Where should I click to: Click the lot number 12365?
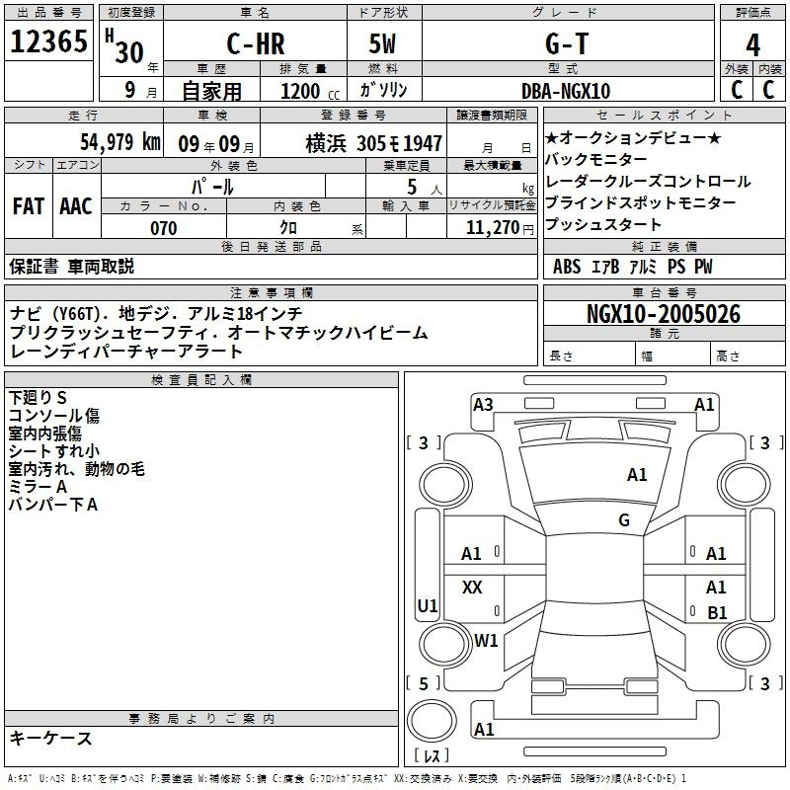tap(48, 41)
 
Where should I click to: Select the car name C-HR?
tap(256, 43)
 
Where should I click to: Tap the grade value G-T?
tap(567, 43)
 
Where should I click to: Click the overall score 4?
tap(752, 44)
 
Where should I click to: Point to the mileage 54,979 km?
tap(120, 142)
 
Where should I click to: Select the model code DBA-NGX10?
tap(566, 91)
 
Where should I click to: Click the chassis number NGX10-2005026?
tap(664, 314)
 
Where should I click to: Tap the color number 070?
tap(164, 228)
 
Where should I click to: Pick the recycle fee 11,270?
tap(493, 228)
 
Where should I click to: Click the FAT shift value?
tap(29, 206)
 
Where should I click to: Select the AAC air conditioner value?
tap(76, 206)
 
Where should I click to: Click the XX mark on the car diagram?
tap(472, 587)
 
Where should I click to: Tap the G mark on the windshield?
tap(624, 520)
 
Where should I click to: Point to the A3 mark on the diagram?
tap(483, 405)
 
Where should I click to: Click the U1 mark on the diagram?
tap(428, 605)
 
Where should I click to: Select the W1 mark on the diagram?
tap(486, 641)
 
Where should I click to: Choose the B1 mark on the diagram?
tap(718, 612)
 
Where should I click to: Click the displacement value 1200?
tap(300, 91)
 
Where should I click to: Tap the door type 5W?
tap(382, 43)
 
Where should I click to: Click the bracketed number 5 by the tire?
tap(424, 684)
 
